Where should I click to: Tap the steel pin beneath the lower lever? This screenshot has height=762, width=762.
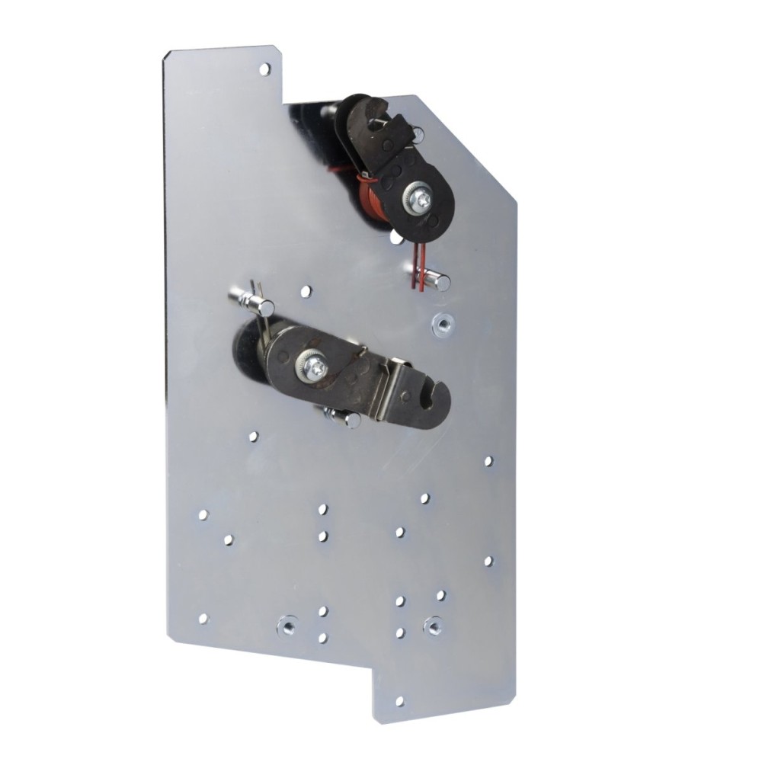pos(349,418)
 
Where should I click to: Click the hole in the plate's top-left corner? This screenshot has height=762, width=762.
pos(264,70)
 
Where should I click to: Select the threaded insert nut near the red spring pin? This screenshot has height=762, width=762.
pos(440,322)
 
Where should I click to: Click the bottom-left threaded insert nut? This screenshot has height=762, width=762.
pos(287,625)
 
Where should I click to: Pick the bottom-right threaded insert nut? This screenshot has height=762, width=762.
pos(434,625)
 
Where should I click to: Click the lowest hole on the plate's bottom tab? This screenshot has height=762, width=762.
pos(400,700)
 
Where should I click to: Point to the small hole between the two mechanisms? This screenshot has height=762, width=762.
pos(306,290)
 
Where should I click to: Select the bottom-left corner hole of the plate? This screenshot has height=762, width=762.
pos(203,617)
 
